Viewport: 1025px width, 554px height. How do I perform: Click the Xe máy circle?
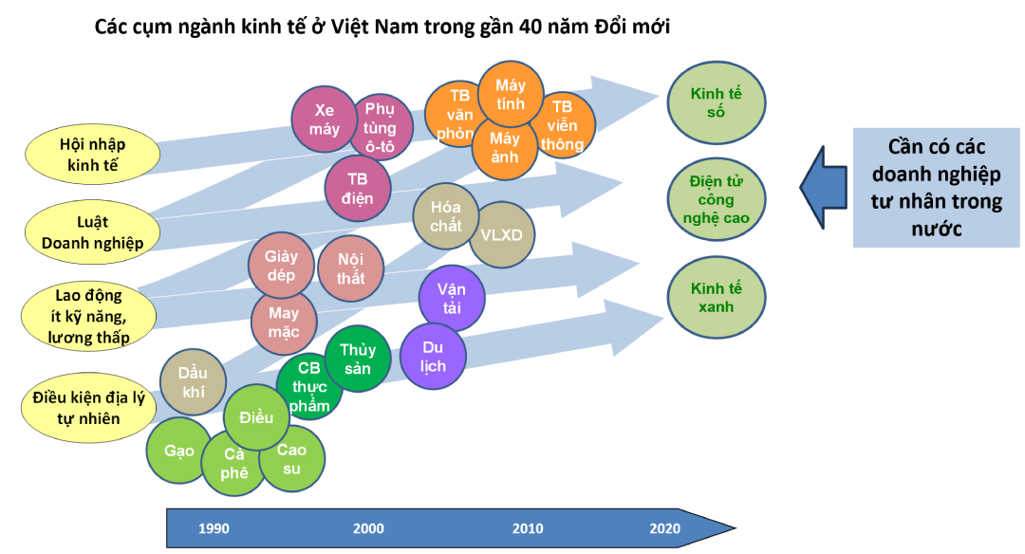click(x=324, y=120)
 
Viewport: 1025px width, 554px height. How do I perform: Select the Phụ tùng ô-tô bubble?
click(x=380, y=126)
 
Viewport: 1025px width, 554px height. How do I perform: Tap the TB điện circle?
click(x=357, y=189)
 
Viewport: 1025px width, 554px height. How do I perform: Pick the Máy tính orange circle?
click(x=510, y=95)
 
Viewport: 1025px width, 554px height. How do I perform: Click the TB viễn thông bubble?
click(x=563, y=126)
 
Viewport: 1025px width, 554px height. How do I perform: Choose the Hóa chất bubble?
click(x=446, y=216)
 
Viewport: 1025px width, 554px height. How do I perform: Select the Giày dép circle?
click(x=281, y=266)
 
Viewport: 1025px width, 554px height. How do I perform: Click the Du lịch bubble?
click(x=432, y=357)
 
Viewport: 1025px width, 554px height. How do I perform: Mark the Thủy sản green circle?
click(x=357, y=360)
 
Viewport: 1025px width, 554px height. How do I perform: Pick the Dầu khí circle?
click(x=193, y=382)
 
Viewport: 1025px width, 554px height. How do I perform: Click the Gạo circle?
click(x=179, y=451)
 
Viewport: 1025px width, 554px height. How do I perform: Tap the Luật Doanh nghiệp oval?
click(x=92, y=232)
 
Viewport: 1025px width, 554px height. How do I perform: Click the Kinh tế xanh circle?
click(x=717, y=298)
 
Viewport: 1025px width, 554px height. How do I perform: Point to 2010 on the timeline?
click(x=528, y=528)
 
